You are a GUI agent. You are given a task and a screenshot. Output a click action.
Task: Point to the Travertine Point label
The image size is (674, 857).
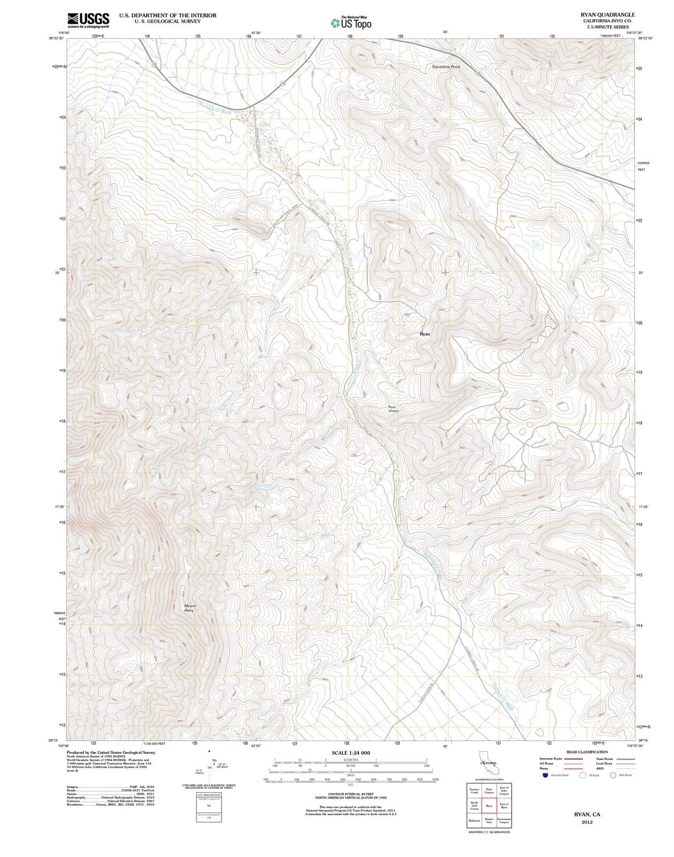(445, 67)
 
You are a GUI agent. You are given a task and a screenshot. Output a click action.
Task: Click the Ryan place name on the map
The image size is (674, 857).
(425, 334)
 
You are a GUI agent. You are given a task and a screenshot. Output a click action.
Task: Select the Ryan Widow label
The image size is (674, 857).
(393, 409)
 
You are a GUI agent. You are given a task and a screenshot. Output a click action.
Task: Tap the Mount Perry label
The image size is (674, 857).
(190, 608)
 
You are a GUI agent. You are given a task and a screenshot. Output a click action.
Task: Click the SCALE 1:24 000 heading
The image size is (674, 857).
(351, 753)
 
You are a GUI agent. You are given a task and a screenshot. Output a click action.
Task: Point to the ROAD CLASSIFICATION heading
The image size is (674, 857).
(587, 752)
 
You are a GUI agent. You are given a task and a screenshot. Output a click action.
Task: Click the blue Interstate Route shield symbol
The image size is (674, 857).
(544, 775)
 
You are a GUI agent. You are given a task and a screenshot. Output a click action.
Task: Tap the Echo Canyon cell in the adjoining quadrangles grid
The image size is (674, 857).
(489, 791)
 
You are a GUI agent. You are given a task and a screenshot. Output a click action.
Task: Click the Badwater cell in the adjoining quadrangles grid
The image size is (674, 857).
(474, 821)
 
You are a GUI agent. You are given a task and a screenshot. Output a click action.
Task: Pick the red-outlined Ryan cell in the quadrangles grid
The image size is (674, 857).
(489, 806)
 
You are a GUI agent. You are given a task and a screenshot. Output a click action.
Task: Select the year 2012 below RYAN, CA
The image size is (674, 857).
(587, 823)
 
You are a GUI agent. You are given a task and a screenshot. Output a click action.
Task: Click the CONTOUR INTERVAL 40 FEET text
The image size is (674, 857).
(351, 794)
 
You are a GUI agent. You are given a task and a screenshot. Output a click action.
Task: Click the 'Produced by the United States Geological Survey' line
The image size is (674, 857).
(111, 752)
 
